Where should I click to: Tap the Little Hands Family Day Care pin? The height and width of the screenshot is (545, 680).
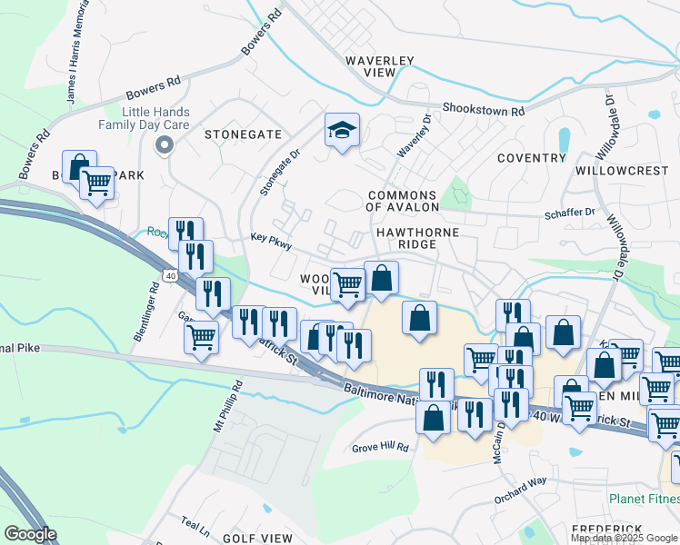[x=165, y=144]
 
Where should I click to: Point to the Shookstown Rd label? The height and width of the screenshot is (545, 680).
[x=484, y=110]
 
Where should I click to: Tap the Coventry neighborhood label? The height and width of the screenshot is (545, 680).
[x=532, y=158]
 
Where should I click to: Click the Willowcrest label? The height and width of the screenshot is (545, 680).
[x=622, y=171]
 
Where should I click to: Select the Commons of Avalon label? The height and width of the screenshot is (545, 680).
[x=403, y=201]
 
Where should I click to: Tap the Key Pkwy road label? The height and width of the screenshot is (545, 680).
[x=271, y=241]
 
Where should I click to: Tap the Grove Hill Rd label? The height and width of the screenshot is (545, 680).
[x=381, y=448]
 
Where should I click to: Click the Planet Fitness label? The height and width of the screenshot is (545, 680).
[x=646, y=499]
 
